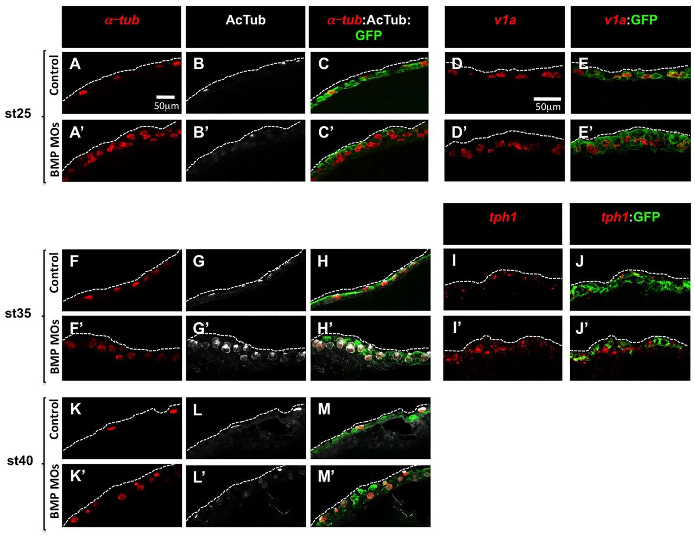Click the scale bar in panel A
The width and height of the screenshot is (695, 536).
(166, 97)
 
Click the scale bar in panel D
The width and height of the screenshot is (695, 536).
(547, 98)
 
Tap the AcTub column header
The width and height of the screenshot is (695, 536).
(245, 20)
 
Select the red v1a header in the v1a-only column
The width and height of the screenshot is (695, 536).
(504, 21)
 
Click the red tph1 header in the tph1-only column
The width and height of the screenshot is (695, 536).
(503, 217)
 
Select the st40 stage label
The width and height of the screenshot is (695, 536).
(20, 461)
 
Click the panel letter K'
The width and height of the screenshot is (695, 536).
(77, 476)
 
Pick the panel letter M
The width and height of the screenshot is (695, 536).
(324, 409)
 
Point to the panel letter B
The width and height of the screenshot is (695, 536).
(199, 64)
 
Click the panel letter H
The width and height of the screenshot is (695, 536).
(323, 261)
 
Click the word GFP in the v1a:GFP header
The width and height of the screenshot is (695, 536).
(645, 20)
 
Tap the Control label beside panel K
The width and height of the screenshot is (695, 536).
(54, 419)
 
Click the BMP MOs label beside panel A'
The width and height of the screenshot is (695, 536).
(54, 149)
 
